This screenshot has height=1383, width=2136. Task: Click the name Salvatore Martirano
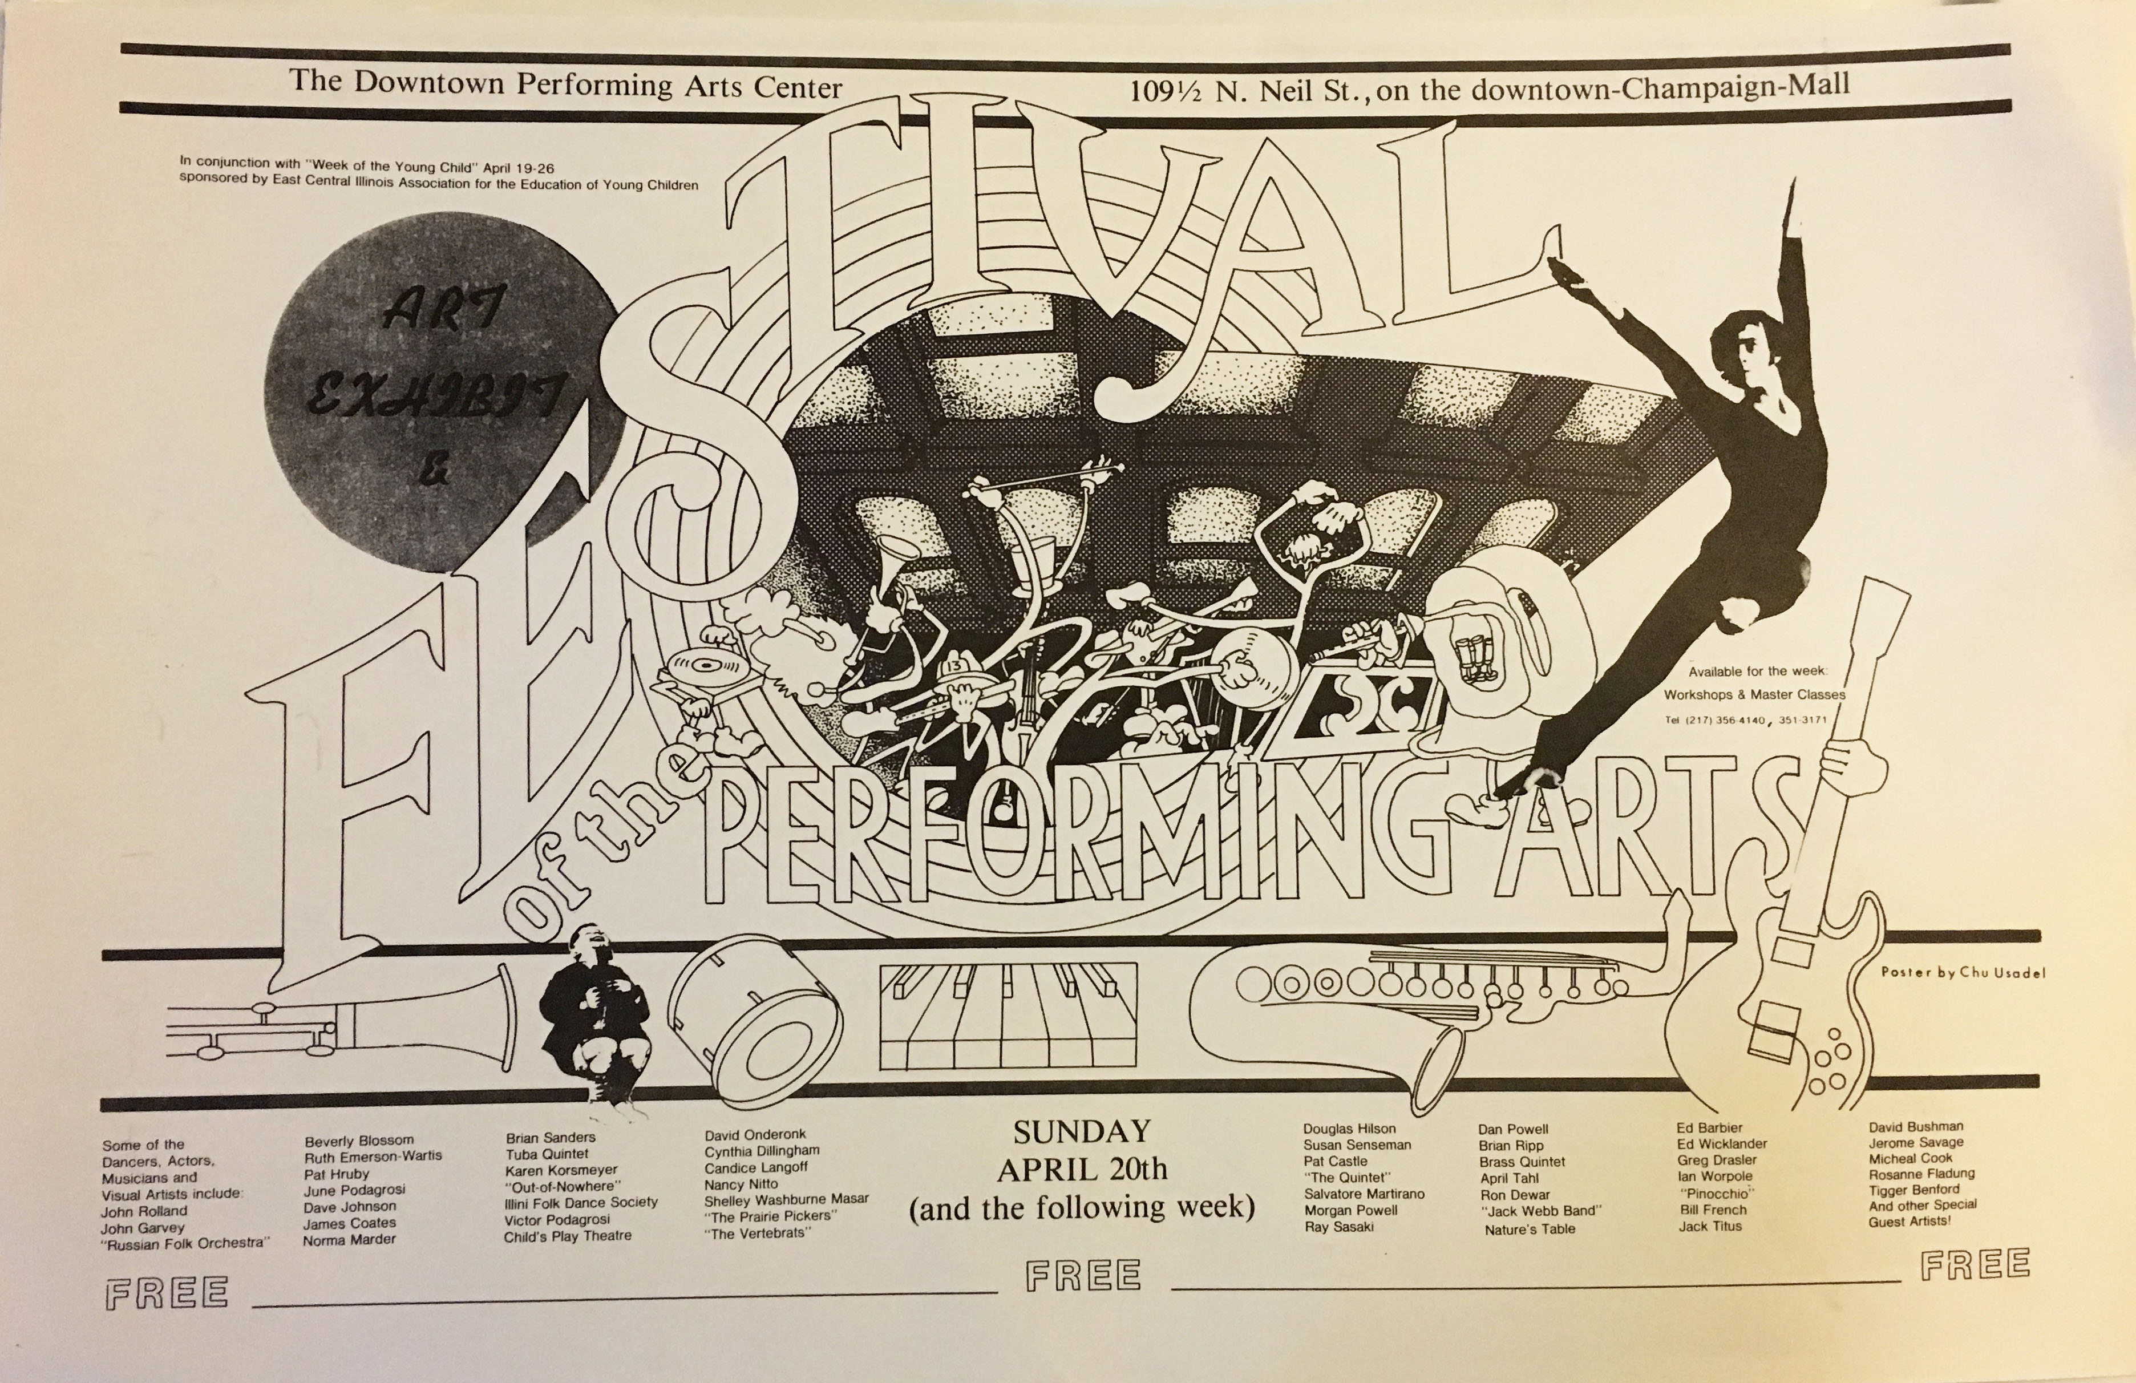(x=1364, y=1194)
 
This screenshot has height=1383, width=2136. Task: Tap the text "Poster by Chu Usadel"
(x=1963, y=973)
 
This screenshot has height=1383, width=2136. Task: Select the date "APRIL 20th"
(x=1082, y=1170)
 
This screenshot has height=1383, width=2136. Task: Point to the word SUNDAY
(x=1082, y=1132)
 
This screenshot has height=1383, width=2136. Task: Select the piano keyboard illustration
(x=1008, y=1015)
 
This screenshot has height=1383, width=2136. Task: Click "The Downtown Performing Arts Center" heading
(x=565, y=84)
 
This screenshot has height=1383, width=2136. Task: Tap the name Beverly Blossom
(x=359, y=1141)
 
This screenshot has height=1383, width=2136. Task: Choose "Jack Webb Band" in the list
(x=1541, y=1211)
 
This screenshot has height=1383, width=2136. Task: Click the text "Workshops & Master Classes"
(x=1754, y=695)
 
